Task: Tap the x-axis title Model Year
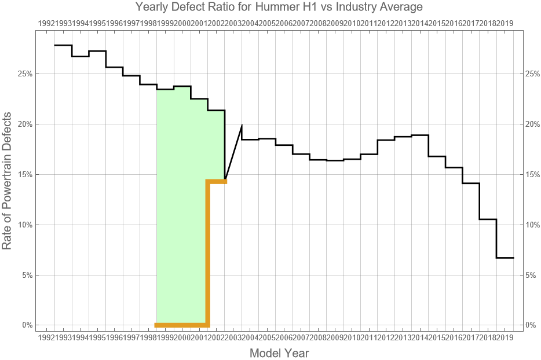click(x=279, y=352)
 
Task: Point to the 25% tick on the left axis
click(x=25, y=74)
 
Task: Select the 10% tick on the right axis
click(x=532, y=225)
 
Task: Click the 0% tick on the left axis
click(x=28, y=325)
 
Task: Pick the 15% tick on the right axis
click(x=532, y=174)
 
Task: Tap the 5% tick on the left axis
click(x=28, y=275)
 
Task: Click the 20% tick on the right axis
click(x=532, y=124)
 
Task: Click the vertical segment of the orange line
click(x=208, y=255)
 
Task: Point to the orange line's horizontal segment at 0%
click(x=181, y=325)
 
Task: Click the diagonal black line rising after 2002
click(x=233, y=152)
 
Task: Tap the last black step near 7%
click(x=505, y=258)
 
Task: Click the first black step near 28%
click(x=63, y=45)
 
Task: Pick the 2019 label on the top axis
click(x=506, y=23)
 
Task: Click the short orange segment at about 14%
click(x=217, y=182)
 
